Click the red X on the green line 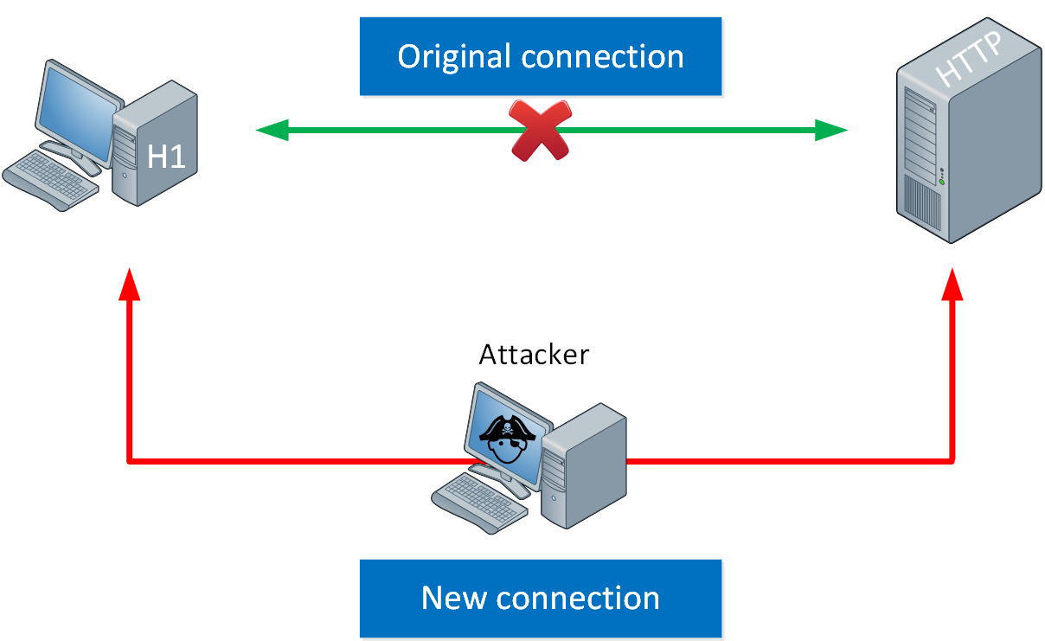(540, 131)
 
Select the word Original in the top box (454, 57)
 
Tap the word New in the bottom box (454, 598)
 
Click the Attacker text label (534, 355)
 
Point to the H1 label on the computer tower (166, 157)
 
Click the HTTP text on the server (969, 59)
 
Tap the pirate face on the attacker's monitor (507, 440)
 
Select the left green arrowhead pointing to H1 (272, 130)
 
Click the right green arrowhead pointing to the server (830, 130)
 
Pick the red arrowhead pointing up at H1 (129, 284)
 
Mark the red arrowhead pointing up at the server (952, 284)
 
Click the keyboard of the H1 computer (50, 181)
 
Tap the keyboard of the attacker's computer (479, 503)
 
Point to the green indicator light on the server (941, 182)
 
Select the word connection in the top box (602, 57)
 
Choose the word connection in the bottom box (578, 598)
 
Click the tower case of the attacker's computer (584, 466)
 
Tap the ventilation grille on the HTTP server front (922, 203)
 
